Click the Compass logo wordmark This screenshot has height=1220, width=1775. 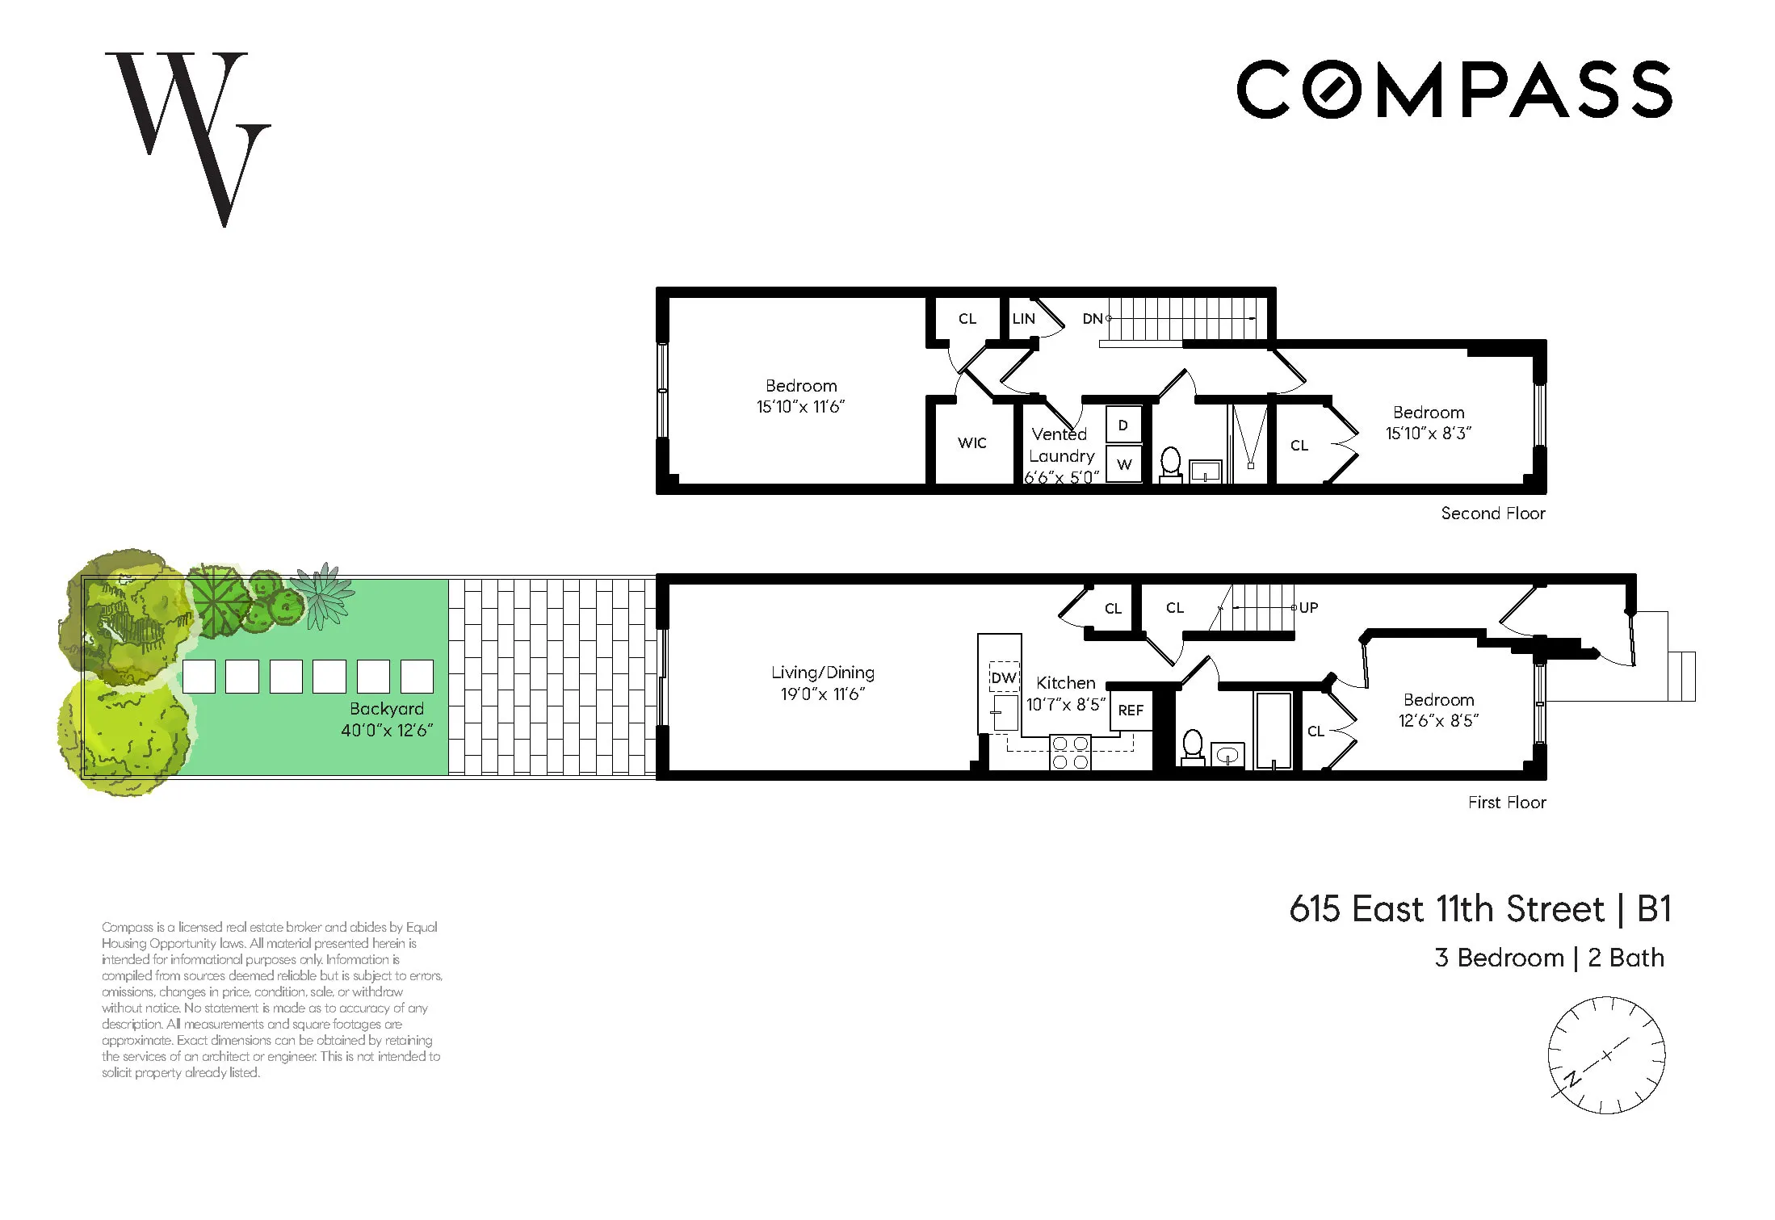pos(1454,89)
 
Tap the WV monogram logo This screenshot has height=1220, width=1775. pos(188,137)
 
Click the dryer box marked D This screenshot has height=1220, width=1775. pos(1122,426)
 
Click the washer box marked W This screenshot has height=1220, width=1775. pos(1123,464)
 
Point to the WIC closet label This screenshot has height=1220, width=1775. pos(971,442)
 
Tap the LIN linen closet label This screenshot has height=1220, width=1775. pos(1023,318)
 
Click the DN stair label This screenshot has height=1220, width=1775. pos(1092,318)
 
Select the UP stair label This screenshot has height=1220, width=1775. pos(1308,607)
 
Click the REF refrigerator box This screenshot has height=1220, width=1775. pos(1130,710)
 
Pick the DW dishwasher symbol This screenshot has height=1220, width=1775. pos(1003,677)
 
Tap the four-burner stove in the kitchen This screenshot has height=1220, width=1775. pos(1070,752)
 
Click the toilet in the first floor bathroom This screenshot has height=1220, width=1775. pos(1193,746)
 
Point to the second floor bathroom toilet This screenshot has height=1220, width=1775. pos(1170,464)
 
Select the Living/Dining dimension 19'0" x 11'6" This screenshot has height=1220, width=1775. pos(822,694)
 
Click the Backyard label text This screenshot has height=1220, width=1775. pos(386,708)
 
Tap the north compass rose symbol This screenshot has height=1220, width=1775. pos(1605,1055)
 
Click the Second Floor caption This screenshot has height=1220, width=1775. pos(1492,513)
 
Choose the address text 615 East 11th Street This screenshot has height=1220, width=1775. pos(1446,909)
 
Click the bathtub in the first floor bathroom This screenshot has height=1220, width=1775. pos(1273,730)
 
